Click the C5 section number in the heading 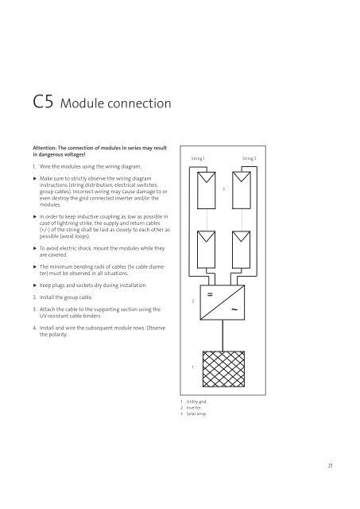(x=43, y=102)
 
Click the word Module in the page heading (x=83, y=103)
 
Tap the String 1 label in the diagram (x=198, y=158)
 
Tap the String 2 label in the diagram (x=249, y=158)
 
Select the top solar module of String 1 (x=207, y=191)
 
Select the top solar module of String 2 (x=242, y=191)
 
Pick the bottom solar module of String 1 (x=207, y=250)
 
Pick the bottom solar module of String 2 (x=242, y=250)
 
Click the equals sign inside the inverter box (x=210, y=294)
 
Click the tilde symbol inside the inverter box (x=234, y=309)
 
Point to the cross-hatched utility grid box (x=223, y=369)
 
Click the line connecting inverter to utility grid (x=223, y=336)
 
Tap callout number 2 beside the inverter (x=192, y=301)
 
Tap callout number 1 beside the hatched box (x=192, y=367)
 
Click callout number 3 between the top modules (x=224, y=189)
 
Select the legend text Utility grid (x=196, y=402)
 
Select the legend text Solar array (x=196, y=414)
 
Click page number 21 (x=330, y=465)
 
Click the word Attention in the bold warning (x=45, y=148)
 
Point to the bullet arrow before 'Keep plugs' (x=35, y=286)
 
